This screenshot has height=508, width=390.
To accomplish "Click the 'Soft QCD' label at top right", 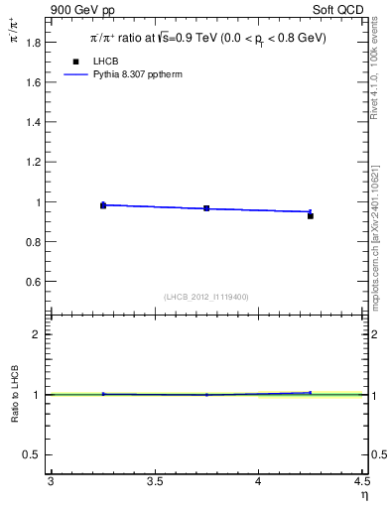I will click(339, 9).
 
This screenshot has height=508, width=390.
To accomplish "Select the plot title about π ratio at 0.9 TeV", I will click(207, 39).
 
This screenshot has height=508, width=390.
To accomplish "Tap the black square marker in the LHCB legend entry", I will click(75, 62).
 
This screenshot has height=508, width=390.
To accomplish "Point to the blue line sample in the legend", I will click(75, 74).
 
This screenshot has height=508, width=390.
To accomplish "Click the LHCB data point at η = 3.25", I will click(102, 205).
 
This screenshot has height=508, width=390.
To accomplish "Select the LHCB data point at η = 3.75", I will click(206, 208).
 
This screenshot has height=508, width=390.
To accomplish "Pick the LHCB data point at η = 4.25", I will click(311, 215).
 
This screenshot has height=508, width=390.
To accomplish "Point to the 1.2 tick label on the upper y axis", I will click(33, 162).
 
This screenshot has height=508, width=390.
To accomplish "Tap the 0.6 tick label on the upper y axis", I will click(33, 282).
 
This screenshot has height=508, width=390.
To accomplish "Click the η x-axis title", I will click(363, 495).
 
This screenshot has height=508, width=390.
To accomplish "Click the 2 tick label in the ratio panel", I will click(38, 334).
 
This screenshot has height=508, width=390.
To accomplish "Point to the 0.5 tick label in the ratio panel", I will click(33, 454).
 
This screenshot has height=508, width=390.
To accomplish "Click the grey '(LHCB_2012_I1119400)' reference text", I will click(206, 297).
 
